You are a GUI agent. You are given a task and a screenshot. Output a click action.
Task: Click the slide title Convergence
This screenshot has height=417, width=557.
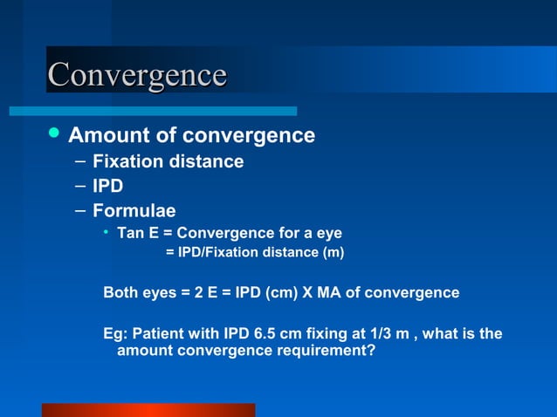click(x=137, y=74)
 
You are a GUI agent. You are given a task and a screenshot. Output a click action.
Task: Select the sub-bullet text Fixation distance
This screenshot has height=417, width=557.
click(x=168, y=161)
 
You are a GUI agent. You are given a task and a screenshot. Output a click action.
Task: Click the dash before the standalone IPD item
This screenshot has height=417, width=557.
click(x=79, y=186)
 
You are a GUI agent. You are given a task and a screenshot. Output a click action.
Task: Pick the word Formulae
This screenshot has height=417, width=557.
click(x=134, y=211)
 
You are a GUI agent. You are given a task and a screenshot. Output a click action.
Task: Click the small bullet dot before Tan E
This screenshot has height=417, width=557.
click(x=105, y=233)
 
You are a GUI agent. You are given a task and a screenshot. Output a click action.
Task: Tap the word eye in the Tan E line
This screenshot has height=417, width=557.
click(x=328, y=234)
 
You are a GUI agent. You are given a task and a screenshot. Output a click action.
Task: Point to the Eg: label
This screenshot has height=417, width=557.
click(x=114, y=334)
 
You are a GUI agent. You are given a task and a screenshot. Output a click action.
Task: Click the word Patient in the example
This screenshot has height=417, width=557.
click(x=157, y=334)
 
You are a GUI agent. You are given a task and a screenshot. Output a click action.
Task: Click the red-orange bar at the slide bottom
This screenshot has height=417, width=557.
click(x=148, y=410)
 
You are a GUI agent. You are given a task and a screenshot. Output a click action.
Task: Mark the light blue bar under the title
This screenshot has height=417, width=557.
click(x=153, y=111)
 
